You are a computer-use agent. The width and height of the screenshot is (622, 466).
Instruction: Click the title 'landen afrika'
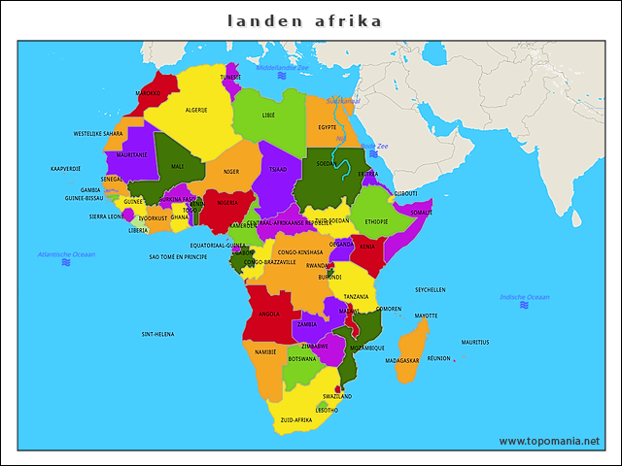coord(304,20)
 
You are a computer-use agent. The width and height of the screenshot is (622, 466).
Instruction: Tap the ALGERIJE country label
coord(196,110)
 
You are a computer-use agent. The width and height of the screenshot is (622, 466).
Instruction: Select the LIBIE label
coord(268,115)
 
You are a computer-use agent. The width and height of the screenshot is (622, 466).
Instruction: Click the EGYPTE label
coord(328,127)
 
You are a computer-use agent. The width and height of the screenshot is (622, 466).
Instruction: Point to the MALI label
coord(177,166)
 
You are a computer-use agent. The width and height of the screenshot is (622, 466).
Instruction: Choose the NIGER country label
coord(231,172)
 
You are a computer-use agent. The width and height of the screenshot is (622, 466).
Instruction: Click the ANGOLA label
coord(268,314)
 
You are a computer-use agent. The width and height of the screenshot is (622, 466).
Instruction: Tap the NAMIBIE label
coord(265,351)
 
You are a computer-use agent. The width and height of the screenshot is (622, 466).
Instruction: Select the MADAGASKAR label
coord(401,360)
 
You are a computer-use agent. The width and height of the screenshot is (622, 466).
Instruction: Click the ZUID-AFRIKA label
coord(295,420)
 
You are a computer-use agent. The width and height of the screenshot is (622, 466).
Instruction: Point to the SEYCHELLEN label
coord(431,289)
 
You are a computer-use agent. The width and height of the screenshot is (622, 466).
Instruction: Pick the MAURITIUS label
coord(475,342)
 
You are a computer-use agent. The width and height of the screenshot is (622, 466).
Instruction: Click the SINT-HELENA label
coord(157,334)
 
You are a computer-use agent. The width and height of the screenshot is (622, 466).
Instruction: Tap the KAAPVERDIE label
coord(66,168)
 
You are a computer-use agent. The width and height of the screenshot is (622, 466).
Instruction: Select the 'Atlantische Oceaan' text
coord(66,254)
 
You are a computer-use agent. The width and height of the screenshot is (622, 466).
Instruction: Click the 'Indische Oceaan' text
coord(524,296)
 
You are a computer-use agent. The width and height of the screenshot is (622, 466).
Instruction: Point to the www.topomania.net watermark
coord(549,441)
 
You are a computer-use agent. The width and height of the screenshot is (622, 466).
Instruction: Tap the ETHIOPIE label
coord(376,221)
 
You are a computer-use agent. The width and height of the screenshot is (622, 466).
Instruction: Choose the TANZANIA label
coord(356,296)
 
